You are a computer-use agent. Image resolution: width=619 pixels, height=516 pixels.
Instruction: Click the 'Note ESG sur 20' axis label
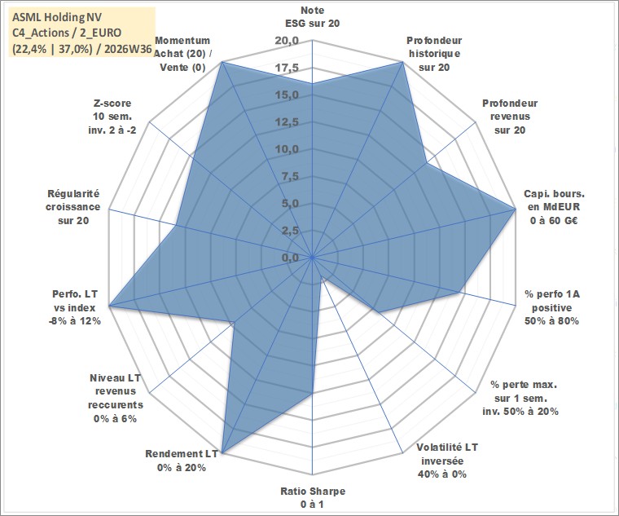(312, 17)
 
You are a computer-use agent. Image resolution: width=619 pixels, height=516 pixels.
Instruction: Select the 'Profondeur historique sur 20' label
(434, 54)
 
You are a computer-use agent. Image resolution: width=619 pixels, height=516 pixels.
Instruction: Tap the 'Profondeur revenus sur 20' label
(510, 117)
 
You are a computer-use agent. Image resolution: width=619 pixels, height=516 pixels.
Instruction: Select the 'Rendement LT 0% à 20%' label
(182, 461)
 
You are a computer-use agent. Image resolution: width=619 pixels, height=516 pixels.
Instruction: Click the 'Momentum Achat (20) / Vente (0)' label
(182, 54)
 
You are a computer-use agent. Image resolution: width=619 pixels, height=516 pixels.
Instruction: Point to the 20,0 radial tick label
(287, 41)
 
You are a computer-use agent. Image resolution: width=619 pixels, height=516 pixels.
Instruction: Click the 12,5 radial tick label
(287, 122)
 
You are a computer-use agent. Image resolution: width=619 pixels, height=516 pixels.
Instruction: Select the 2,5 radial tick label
(290, 231)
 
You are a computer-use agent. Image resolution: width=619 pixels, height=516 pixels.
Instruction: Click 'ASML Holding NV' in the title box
(57, 17)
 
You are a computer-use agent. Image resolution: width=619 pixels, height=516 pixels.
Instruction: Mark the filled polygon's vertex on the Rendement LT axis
(222, 453)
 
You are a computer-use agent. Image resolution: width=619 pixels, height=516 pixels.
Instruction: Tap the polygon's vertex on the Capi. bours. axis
(515, 209)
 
